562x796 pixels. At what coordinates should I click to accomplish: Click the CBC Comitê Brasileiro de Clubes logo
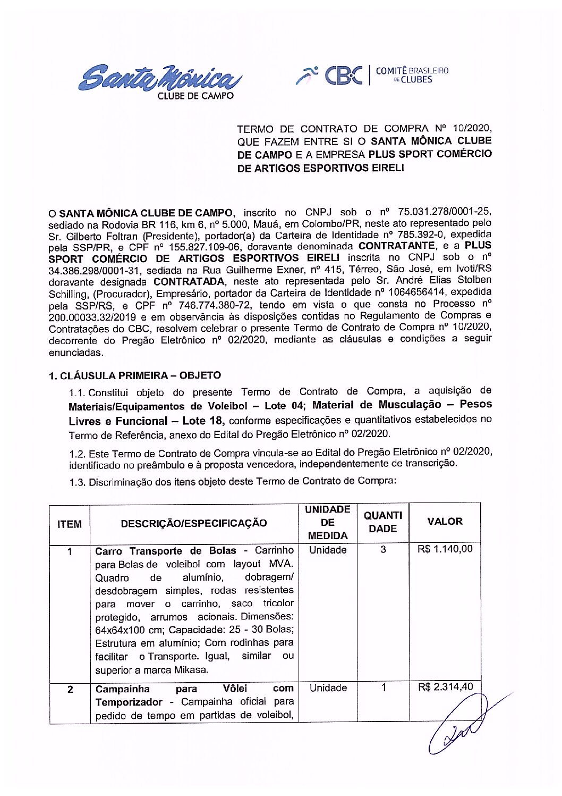tap(372, 76)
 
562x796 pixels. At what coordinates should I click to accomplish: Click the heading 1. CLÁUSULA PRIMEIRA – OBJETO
tap(135, 375)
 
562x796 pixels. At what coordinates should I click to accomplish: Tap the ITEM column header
tap(70, 524)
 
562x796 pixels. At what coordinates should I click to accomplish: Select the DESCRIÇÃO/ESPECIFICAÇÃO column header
tap(194, 523)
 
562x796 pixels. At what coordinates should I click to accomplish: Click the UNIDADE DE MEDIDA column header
tap(328, 522)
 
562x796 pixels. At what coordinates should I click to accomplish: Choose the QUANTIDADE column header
tap(383, 522)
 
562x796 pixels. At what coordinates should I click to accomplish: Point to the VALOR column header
tap(445, 522)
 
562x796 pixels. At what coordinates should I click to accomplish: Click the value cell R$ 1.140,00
tap(445, 549)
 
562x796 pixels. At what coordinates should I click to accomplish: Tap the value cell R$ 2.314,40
tap(445, 687)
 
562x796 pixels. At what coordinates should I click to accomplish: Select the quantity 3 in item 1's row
tap(383, 549)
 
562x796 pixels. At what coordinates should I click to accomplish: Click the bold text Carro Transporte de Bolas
tap(165, 551)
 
